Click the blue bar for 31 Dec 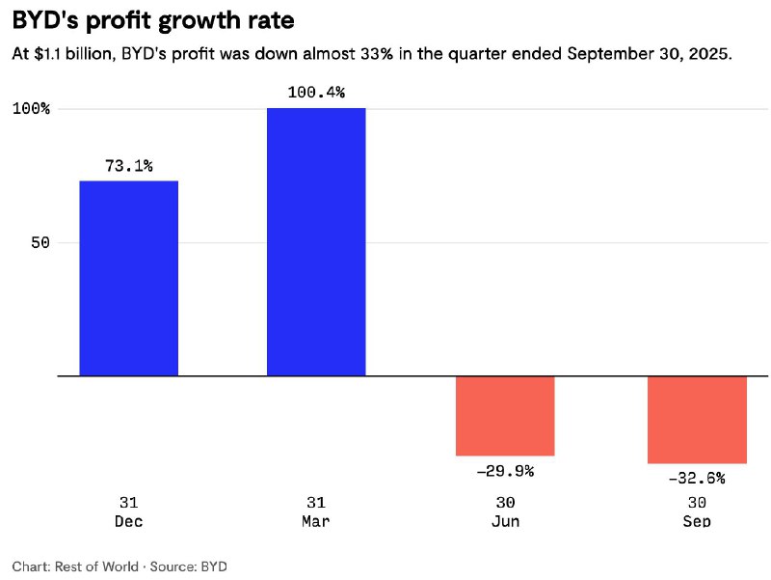[x=128, y=278]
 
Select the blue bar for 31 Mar [x=316, y=241]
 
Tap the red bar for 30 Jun [x=505, y=415]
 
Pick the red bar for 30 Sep [x=697, y=420]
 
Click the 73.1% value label [x=129, y=166]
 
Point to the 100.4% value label [x=316, y=93]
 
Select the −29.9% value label [x=504, y=471]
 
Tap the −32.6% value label [x=696, y=478]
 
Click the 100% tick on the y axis [x=31, y=109]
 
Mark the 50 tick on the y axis [x=39, y=242]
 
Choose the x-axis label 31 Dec [x=129, y=511]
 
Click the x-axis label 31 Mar [x=316, y=511]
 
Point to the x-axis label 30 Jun [x=505, y=511]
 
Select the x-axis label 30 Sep [x=697, y=511]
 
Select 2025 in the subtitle [x=710, y=55]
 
